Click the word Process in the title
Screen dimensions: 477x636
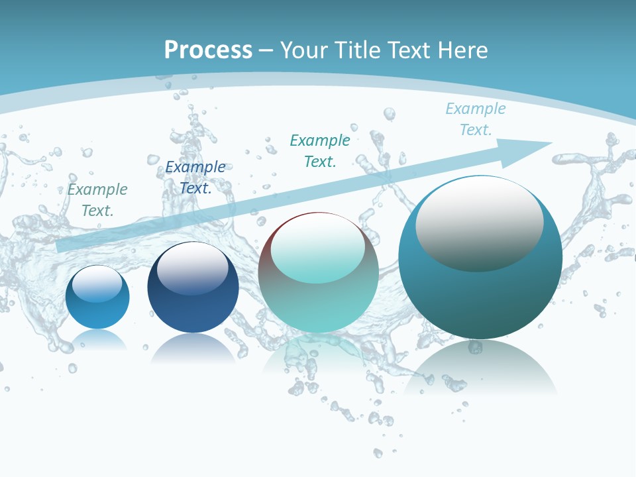click(208, 50)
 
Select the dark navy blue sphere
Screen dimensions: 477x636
click(193, 305)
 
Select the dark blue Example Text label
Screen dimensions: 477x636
click(195, 178)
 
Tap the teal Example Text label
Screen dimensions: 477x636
click(320, 151)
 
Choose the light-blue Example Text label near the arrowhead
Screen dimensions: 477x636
click(476, 119)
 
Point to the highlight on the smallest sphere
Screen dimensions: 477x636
click(97, 284)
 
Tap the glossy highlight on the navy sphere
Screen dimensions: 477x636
click(193, 268)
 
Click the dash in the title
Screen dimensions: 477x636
click(266, 50)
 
